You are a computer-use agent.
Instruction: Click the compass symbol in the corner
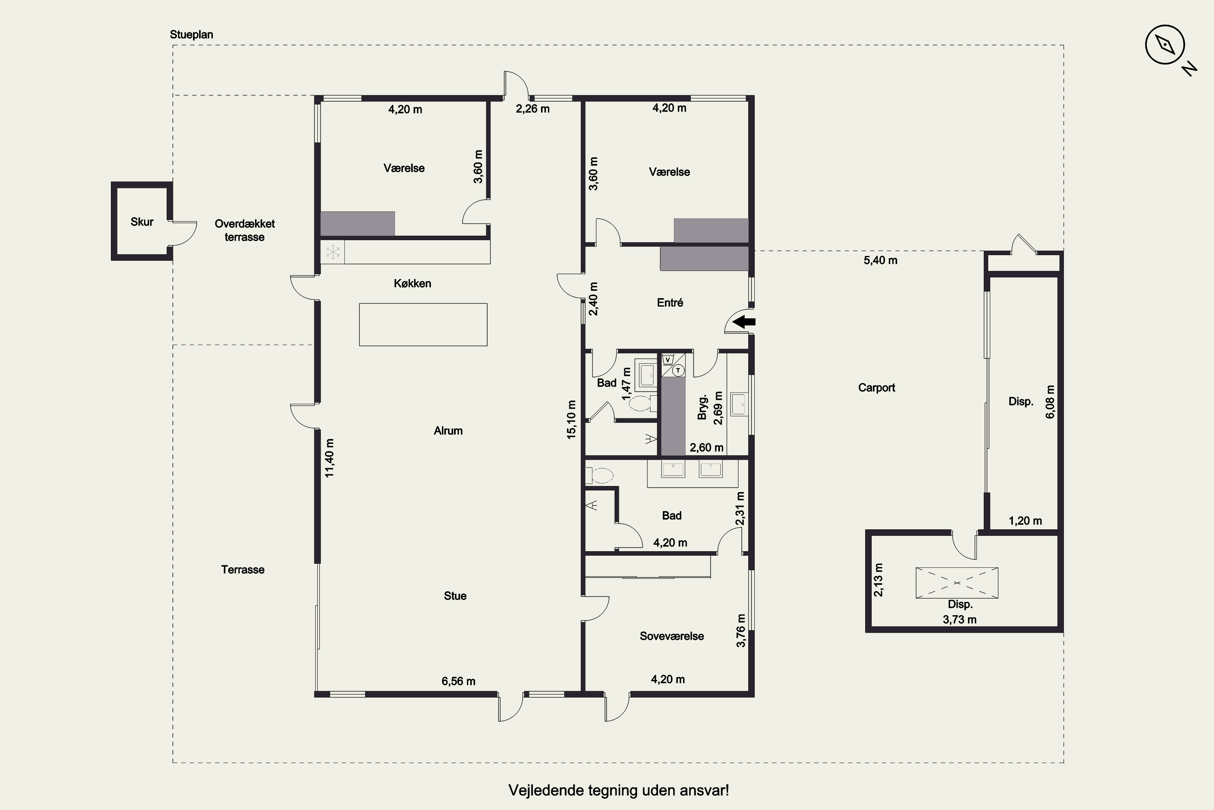click(1165, 45)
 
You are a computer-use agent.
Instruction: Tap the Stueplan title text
click(191, 34)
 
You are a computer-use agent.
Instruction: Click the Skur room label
click(142, 222)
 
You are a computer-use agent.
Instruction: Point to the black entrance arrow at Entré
click(744, 322)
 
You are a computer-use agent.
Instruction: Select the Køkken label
click(412, 283)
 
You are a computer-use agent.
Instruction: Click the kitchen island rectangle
click(423, 324)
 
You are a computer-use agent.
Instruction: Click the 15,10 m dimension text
click(571, 420)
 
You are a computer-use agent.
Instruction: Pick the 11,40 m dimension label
click(329, 458)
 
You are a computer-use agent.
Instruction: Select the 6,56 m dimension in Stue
click(458, 681)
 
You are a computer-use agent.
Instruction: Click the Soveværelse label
click(671, 636)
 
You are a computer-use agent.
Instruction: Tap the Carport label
click(877, 388)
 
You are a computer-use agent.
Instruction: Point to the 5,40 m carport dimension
click(881, 260)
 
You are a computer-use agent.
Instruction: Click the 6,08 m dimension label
click(1050, 401)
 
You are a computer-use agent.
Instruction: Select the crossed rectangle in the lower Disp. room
click(957, 583)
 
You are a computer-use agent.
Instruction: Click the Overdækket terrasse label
click(245, 230)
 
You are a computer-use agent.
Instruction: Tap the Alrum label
click(448, 430)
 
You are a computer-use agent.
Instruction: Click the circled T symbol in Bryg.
click(678, 370)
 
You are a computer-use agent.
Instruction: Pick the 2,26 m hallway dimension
click(533, 109)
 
